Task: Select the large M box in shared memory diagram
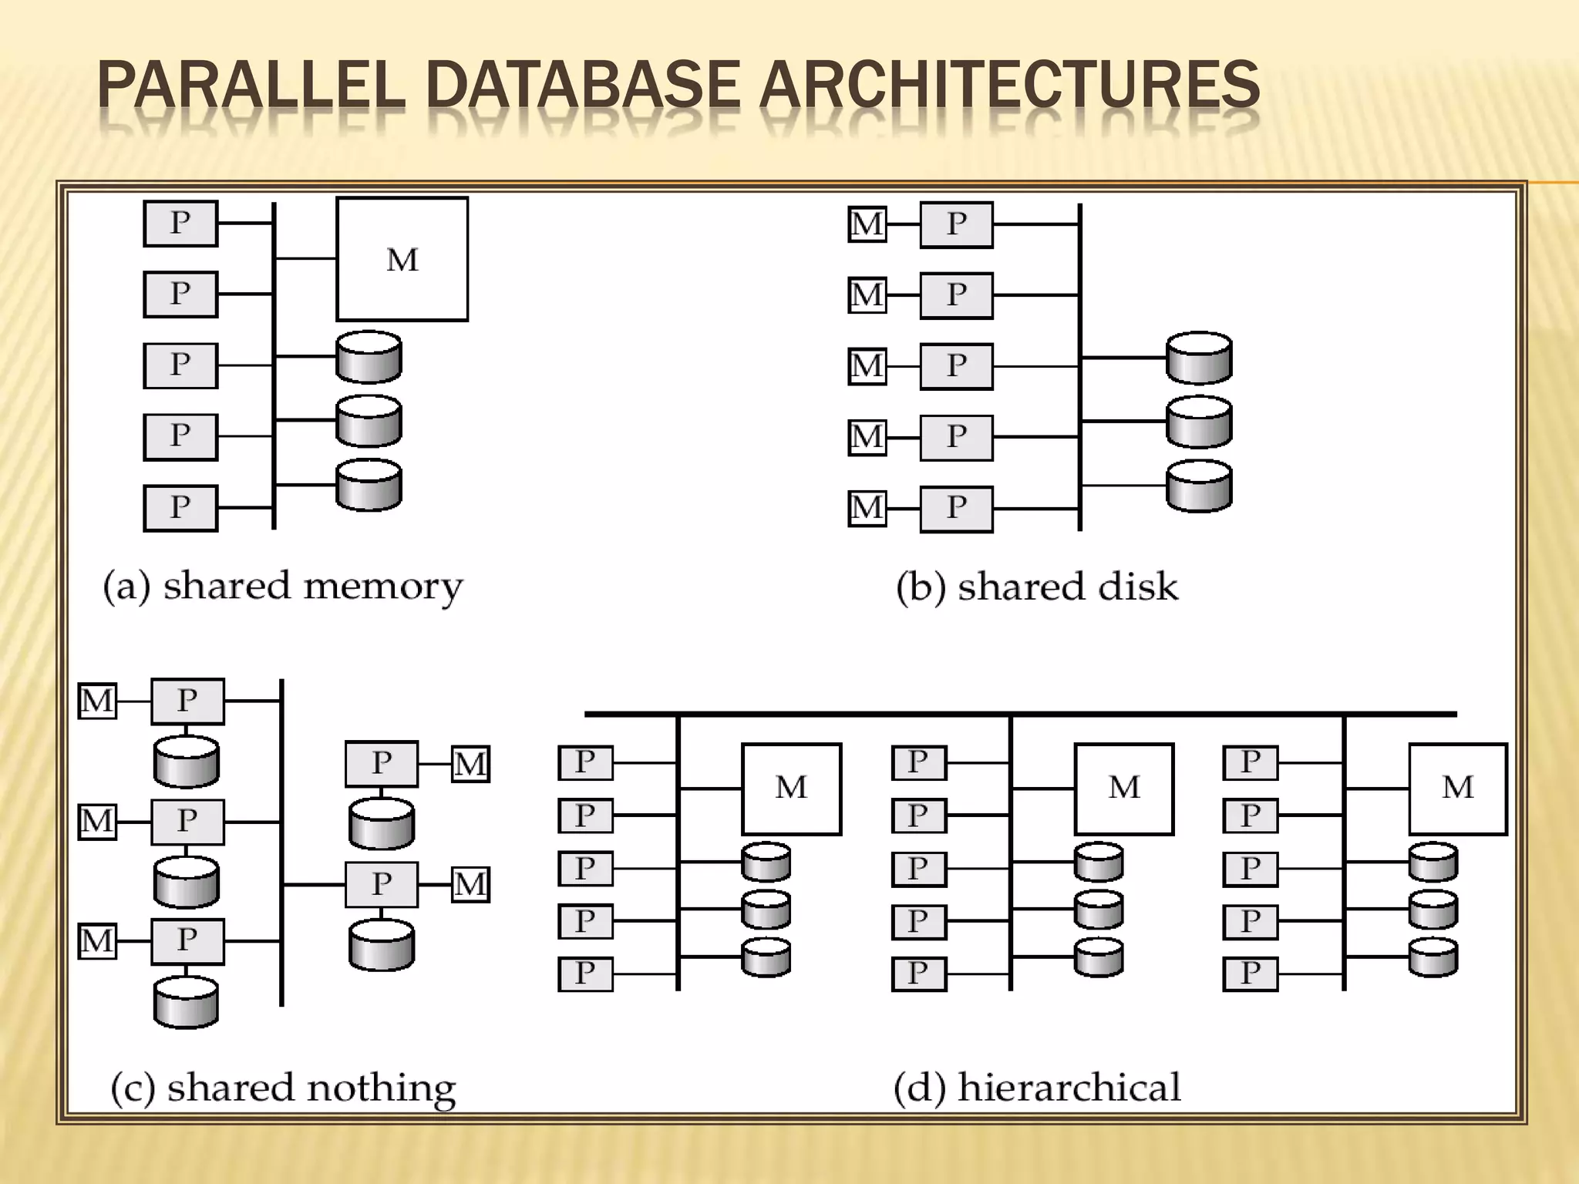tap(402, 259)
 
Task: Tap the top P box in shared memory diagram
tap(180, 224)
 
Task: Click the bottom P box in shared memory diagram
tap(180, 507)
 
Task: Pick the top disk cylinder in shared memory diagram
tap(369, 357)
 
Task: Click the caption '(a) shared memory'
tap(283, 586)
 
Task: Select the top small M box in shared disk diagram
tap(867, 224)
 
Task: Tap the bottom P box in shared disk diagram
tap(956, 508)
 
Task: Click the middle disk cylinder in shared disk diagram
tap(1199, 422)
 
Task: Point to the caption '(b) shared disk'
tap(1037, 587)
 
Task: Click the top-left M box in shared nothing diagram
tap(97, 701)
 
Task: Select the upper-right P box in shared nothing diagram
tap(382, 764)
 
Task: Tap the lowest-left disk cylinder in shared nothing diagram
tap(186, 1002)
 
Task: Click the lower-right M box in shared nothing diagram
tap(470, 884)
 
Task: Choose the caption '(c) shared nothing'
tap(283, 1088)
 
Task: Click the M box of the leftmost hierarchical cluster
tap(791, 789)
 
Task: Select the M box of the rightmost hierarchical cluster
tap(1457, 789)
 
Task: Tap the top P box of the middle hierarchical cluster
tap(918, 762)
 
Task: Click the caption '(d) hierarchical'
tap(1037, 1088)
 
